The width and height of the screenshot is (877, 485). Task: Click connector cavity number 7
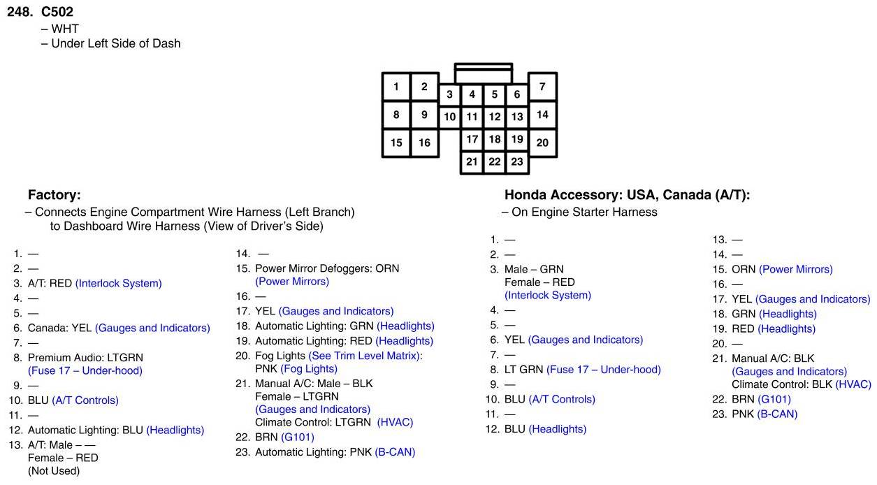coord(542,87)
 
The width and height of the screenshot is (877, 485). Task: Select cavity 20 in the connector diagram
coord(542,143)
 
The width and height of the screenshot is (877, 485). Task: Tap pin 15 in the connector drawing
coord(396,143)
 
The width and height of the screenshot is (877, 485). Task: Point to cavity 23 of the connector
coord(516,161)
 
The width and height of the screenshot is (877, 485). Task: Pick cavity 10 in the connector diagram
coord(450,117)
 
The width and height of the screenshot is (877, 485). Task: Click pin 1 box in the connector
coord(396,87)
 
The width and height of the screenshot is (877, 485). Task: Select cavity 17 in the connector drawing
coord(472,139)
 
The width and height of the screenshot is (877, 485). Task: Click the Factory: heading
coord(55,195)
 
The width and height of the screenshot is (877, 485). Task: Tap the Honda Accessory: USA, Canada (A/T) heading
coord(627,195)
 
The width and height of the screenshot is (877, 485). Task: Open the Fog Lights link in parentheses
coord(309,368)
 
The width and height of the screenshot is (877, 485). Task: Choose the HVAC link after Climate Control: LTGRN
coord(395,422)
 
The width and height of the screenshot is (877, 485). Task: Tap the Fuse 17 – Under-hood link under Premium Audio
coord(85,370)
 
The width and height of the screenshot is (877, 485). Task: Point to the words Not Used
coord(54,471)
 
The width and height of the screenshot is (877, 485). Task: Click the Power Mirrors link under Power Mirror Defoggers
coord(292,282)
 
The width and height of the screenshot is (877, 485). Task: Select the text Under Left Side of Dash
coord(116,43)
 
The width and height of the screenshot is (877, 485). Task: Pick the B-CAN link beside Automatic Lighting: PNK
coord(395,452)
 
